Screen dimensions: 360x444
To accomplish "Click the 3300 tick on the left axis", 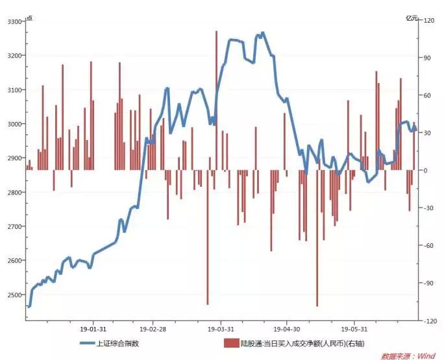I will tap(12, 21).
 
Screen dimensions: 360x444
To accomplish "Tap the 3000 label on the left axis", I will tap(12, 124).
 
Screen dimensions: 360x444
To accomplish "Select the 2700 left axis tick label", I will tap(12, 226).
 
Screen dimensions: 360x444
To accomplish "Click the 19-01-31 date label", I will tap(93, 328).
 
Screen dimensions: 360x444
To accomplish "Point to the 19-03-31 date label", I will tap(221, 328).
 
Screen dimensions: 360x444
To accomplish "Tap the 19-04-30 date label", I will tap(286, 328).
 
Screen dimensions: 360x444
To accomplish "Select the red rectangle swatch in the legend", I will tap(230, 343).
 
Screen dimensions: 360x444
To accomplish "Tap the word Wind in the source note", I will tap(426, 355).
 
